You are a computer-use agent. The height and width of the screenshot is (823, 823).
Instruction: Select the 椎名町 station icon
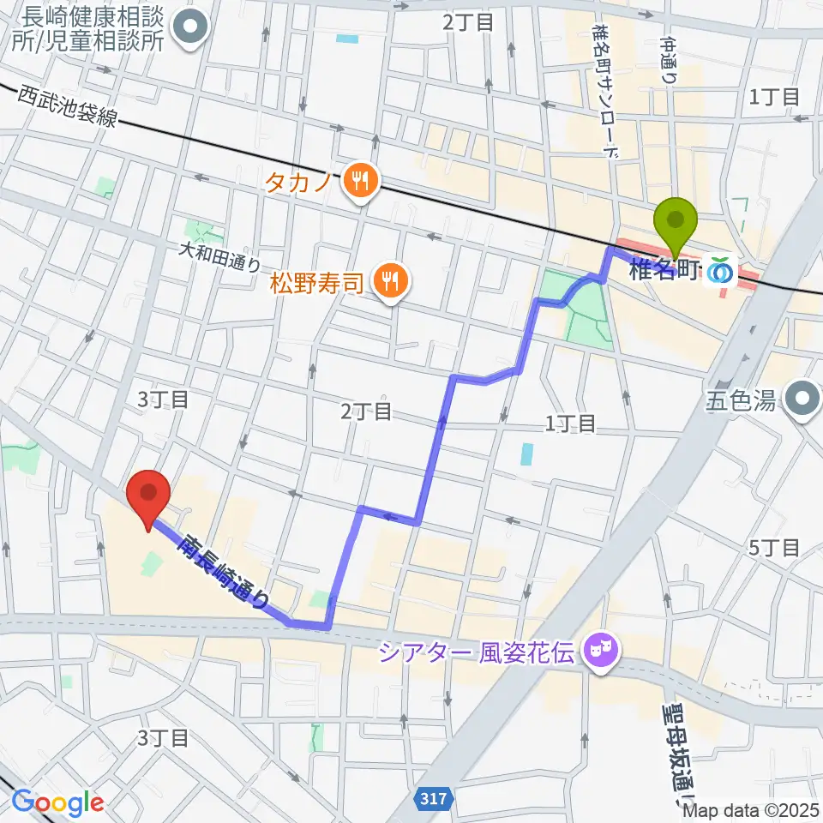coord(720,272)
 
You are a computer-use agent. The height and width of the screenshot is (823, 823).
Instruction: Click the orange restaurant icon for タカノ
coord(359,181)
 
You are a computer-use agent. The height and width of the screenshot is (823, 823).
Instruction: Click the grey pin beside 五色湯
coord(803,399)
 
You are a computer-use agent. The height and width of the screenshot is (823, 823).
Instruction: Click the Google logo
coord(57,802)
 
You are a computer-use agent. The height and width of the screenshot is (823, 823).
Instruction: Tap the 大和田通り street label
coord(218,255)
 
